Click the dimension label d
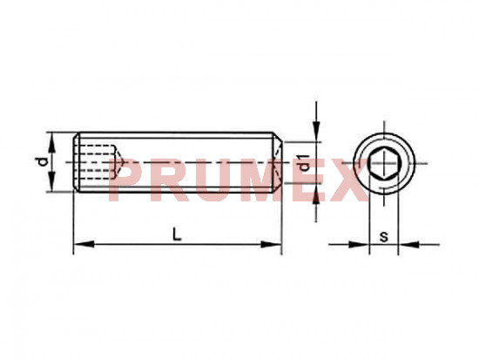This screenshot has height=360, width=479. [44, 162]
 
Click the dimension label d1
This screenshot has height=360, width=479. [304, 163]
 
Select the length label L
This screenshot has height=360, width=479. [177, 234]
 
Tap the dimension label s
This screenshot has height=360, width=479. [384, 237]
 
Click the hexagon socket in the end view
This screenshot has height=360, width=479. [384, 163]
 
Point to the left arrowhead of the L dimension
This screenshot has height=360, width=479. [84, 244]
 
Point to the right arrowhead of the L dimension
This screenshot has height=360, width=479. [271, 244]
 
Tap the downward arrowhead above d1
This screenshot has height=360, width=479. [316, 132]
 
